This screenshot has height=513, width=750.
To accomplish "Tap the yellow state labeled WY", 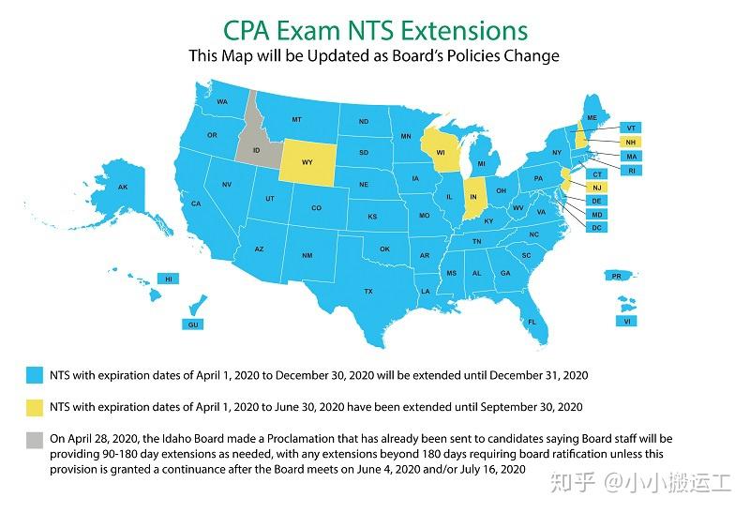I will click(307, 160).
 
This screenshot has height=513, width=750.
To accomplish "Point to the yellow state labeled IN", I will click(473, 196).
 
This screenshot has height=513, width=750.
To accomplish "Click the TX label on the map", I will click(368, 291).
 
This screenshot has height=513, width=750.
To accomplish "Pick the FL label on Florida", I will click(531, 322).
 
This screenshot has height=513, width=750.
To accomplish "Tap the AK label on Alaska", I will click(122, 187).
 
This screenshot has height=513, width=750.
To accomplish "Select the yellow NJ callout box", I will click(596, 188).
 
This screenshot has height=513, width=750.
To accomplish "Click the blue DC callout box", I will click(596, 228).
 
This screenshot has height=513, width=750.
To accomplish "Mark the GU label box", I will click(194, 324).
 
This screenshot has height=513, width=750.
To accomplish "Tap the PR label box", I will click(616, 276).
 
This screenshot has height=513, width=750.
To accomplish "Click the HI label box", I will click(169, 279).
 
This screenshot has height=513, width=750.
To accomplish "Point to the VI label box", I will click(627, 321).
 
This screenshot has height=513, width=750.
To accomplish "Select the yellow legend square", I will click(36, 406).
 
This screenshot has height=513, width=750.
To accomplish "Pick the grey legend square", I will click(36, 438).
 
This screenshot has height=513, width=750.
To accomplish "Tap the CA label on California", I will click(196, 204).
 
